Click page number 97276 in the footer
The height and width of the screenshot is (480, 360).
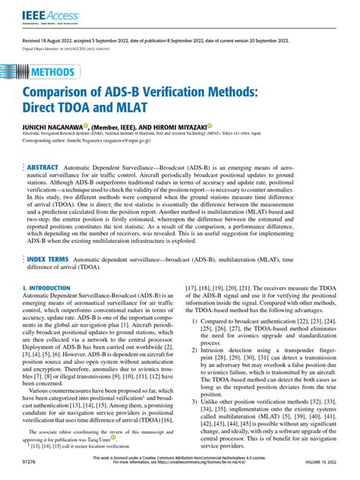click(x=31, y=461)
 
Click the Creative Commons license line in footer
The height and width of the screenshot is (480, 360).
click(x=180, y=457)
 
